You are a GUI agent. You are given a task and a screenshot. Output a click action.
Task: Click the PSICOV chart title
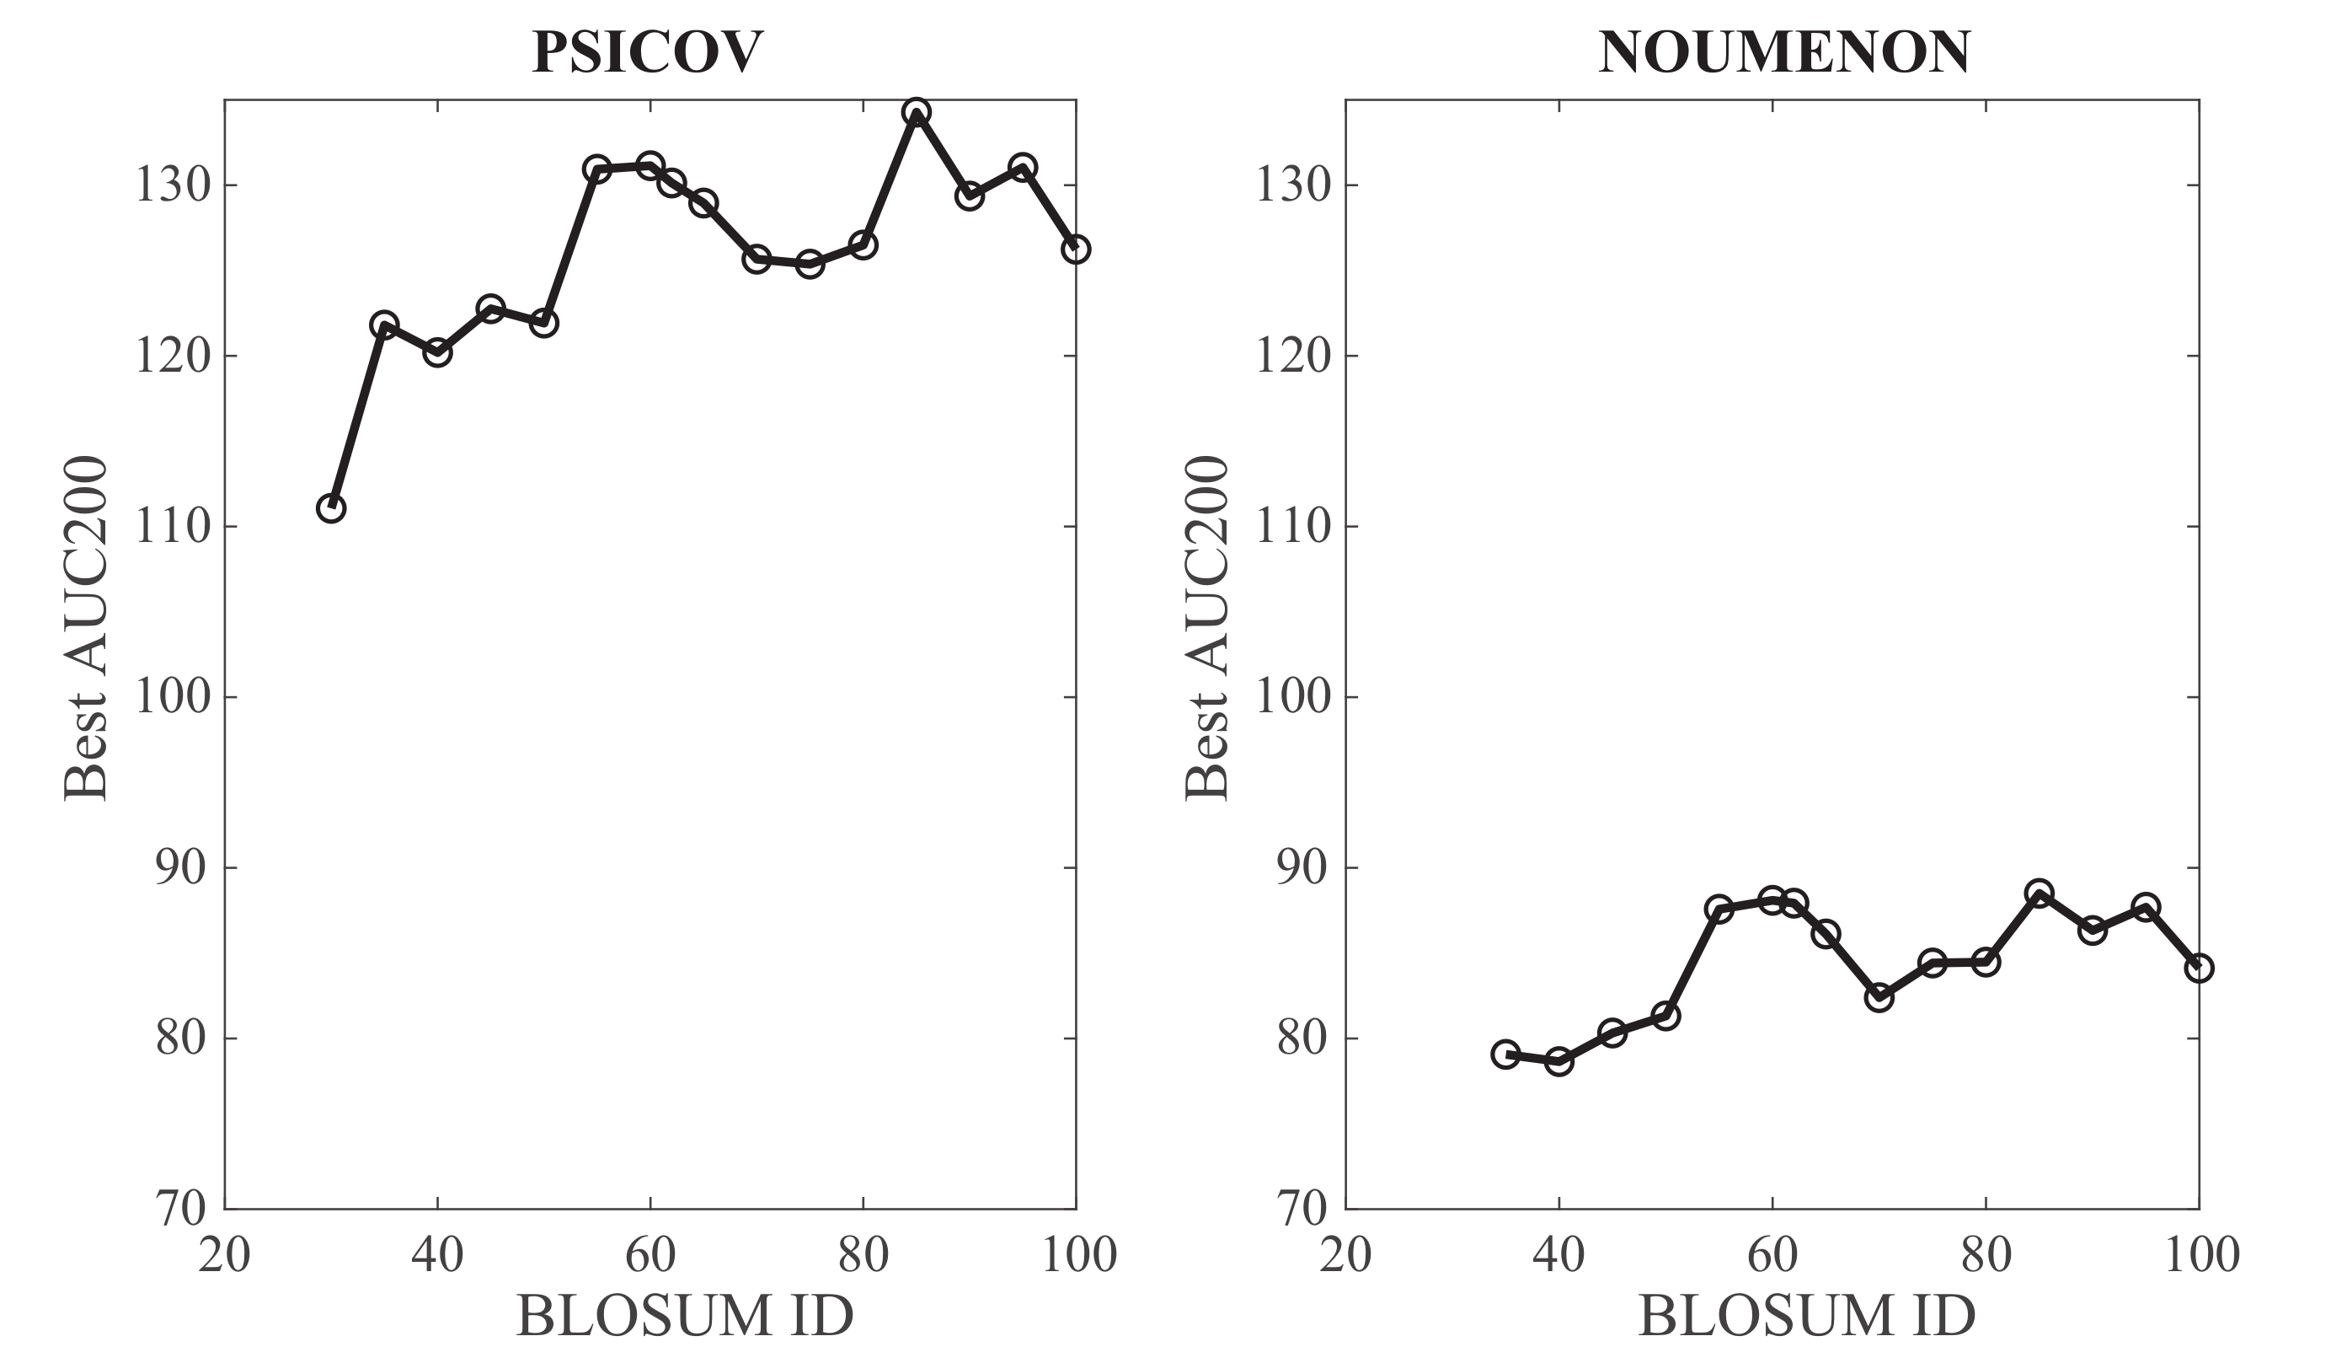pyautogui.click(x=648, y=53)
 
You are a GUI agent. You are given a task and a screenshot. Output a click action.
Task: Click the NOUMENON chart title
pyautogui.click(x=1784, y=53)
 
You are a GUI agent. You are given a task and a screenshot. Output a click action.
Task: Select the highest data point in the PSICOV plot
pyautogui.click(x=916, y=113)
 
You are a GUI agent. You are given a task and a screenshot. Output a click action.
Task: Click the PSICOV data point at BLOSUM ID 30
pyautogui.click(x=331, y=508)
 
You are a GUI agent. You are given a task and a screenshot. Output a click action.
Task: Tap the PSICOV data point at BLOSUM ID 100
pyautogui.click(x=1075, y=249)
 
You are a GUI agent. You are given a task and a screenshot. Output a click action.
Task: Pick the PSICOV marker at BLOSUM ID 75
pyautogui.click(x=810, y=265)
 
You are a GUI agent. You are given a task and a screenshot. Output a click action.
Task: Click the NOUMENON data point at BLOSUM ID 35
pyautogui.click(x=1506, y=1054)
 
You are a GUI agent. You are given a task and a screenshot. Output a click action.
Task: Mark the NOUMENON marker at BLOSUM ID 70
pyautogui.click(x=1879, y=997)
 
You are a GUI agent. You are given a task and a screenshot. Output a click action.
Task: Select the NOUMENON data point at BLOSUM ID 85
pyautogui.click(x=2039, y=893)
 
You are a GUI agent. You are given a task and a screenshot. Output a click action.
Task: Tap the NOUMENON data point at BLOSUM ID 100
pyautogui.click(x=2199, y=968)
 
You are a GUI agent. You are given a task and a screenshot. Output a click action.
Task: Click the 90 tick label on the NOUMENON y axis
pyautogui.click(x=1302, y=868)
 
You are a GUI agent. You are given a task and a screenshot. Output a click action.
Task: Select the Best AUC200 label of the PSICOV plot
pyautogui.click(x=86, y=628)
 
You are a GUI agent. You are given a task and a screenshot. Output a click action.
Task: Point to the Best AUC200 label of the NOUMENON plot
pyautogui.click(x=1207, y=628)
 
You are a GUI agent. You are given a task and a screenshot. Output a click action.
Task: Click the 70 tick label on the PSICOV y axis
pyautogui.click(x=181, y=1209)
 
